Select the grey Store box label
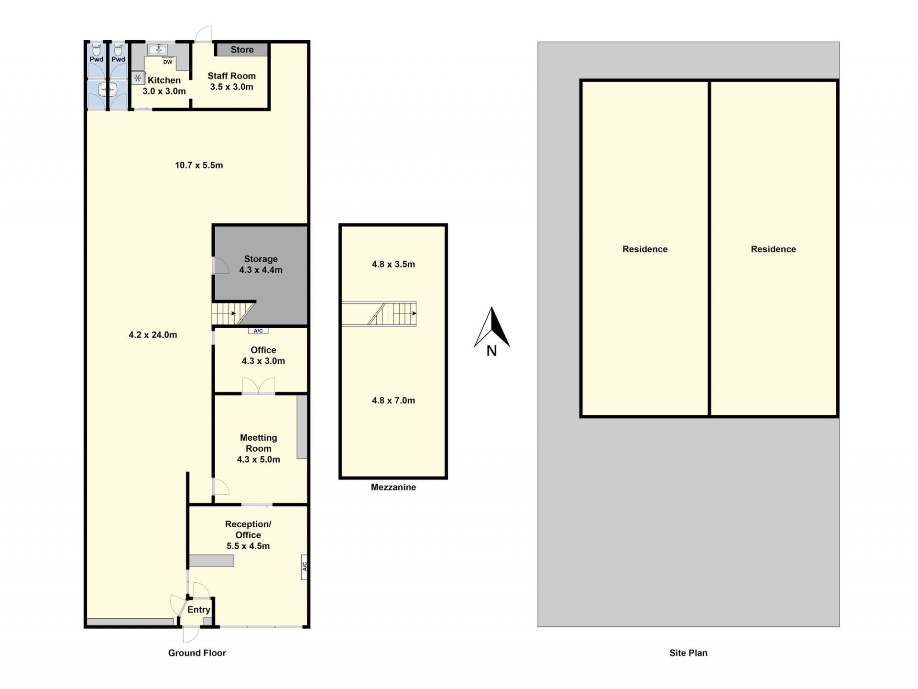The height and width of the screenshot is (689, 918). (242, 49)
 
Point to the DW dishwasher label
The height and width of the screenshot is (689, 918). (168, 62)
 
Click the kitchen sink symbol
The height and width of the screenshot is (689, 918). (157, 49)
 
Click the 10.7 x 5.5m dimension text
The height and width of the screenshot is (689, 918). (199, 165)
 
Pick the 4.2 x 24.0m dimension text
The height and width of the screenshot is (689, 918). (153, 335)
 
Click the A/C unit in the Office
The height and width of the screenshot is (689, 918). (258, 331)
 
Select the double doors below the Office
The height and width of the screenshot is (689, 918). (258, 386)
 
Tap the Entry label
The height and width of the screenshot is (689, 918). (198, 610)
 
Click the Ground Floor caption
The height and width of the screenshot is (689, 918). (197, 653)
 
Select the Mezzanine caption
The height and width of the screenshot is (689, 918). (393, 487)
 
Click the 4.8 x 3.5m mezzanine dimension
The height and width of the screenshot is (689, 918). (393, 264)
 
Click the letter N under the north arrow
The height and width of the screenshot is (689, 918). (492, 351)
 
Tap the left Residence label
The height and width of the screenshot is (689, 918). (645, 249)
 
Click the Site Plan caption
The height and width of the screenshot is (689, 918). (688, 653)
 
